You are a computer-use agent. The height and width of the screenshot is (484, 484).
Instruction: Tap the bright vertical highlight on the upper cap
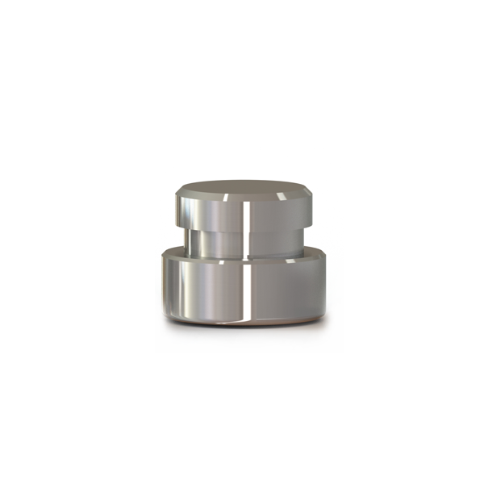coord(243,211)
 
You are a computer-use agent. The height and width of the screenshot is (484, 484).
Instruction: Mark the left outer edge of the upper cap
coord(175,208)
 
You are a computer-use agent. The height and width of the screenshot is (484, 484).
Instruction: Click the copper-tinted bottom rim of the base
coord(242,324)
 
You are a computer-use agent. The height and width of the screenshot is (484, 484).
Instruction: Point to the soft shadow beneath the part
coord(242,332)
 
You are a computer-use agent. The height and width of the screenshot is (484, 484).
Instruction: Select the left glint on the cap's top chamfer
coord(227,196)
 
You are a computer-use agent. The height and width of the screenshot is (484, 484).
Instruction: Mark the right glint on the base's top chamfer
coord(302,257)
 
